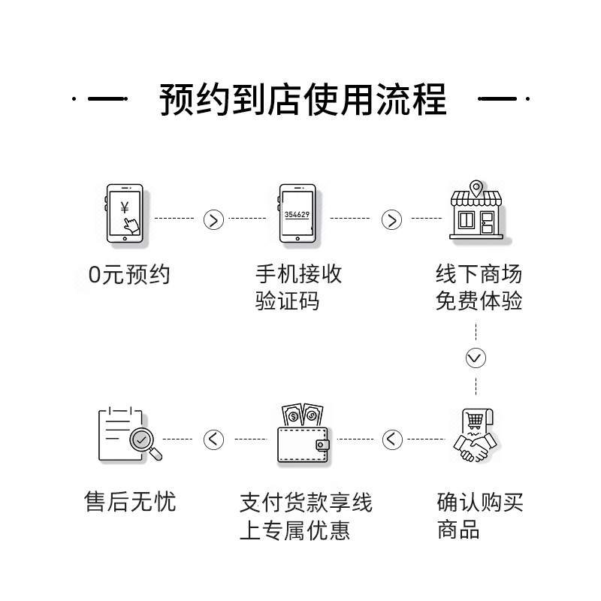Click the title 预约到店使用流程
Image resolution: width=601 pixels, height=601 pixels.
(303, 99)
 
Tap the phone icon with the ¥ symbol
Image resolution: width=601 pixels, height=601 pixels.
(126, 213)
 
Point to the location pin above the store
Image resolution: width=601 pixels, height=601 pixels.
(475, 187)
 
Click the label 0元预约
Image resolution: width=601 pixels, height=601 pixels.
(129, 275)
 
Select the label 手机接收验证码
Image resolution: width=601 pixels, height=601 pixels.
(299, 288)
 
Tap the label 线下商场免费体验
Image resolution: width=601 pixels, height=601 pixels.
(479, 288)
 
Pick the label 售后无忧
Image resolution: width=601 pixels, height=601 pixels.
(129, 502)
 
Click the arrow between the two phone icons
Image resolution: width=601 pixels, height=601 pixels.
(214, 219)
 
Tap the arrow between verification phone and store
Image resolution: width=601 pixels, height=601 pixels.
(391, 219)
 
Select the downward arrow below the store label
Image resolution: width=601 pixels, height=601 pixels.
(476, 358)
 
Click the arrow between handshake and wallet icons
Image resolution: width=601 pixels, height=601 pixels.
(392, 439)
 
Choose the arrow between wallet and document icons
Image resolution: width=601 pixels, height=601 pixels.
(214, 439)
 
